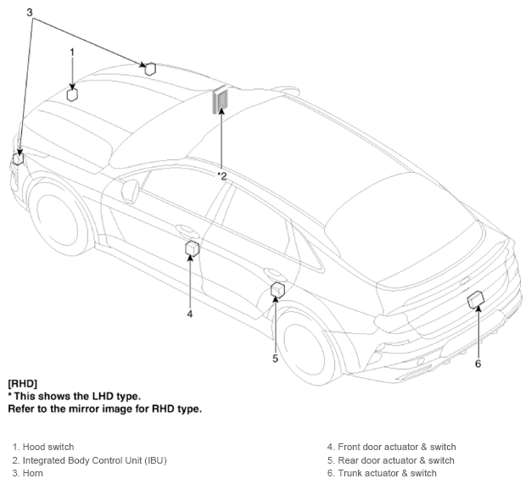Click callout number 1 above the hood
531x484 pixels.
tap(72, 53)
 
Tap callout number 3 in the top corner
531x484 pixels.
tap(30, 13)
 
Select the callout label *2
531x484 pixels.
tap(222, 176)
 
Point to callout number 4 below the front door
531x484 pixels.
tap(190, 314)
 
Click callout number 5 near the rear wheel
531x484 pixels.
tap(276, 359)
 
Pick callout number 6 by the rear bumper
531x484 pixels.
tap(478, 364)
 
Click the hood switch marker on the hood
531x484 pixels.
tap(72, 95)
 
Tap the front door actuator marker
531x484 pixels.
tap(193, 248)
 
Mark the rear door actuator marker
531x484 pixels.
tap(277, 290)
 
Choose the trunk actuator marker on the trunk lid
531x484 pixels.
tap(476, 299)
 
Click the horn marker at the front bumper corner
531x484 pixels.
tap(19, 159)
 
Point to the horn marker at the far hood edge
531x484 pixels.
tap(150, 69)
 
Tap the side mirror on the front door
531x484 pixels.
tap(131, 192)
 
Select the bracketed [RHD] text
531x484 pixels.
tap(23, 383)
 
